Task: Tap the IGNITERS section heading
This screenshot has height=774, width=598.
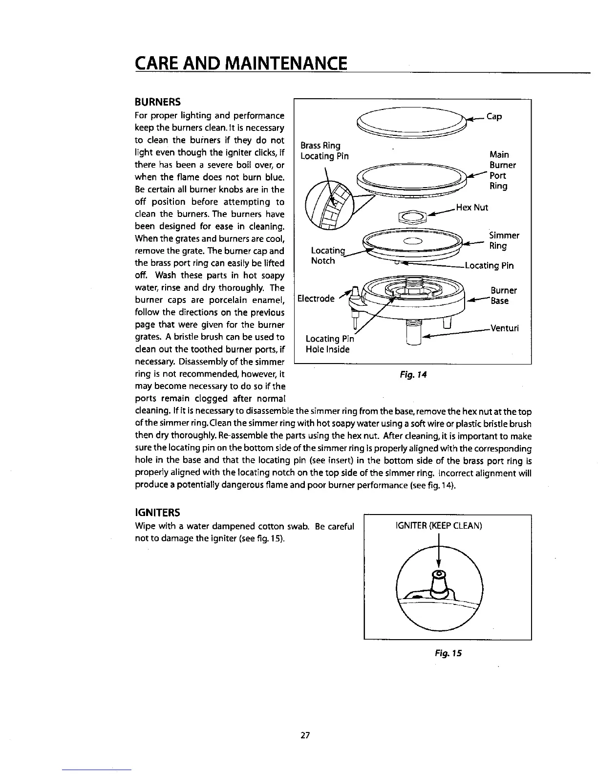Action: [157, 513]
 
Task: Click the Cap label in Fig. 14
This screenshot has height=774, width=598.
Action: [494, 117]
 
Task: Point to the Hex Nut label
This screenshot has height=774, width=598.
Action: [472, 207]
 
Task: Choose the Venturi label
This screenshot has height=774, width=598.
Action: [504, 328]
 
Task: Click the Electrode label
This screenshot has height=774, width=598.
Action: [317, 299]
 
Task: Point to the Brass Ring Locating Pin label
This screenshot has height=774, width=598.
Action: [324, 151]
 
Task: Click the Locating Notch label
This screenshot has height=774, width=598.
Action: [324, 256]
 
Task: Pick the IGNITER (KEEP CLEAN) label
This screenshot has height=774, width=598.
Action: [438, 526]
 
